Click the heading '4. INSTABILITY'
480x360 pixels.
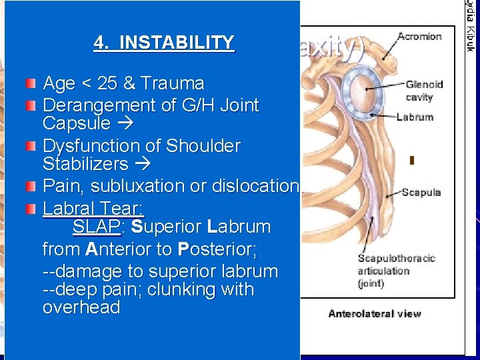tap(164, 43)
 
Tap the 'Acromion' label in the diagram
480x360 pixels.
tap(419, 36)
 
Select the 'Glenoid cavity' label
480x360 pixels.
tap(424, 91)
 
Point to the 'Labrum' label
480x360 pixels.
tap(414, 117)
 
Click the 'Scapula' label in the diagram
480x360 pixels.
tap(421, 193)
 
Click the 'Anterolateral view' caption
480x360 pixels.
tap(373, 313)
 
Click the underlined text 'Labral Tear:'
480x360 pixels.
tap(93, 208)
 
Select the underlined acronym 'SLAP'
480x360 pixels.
tap(96, 227)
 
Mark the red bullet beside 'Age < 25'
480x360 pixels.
tap(31, 84)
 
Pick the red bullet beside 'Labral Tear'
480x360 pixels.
tap(31, 208)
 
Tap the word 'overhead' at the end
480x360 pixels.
tap(81, 308)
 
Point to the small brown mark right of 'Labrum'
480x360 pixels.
tap(412, 160)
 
